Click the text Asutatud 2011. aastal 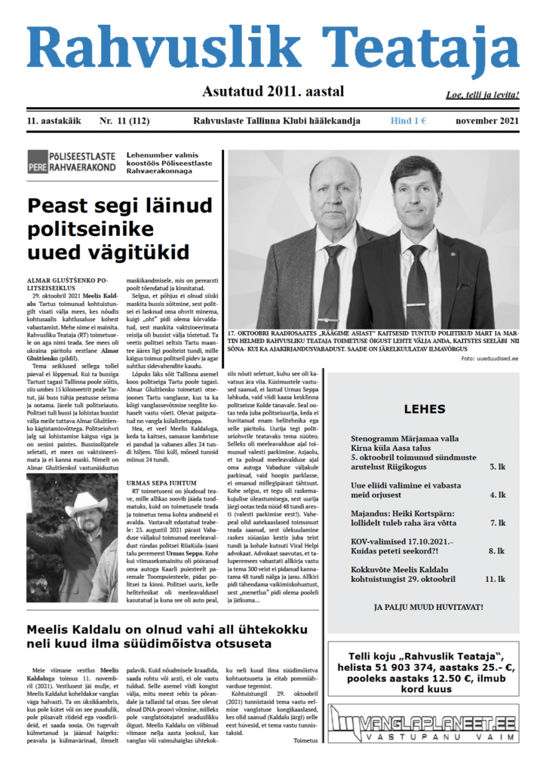tap(273, 92)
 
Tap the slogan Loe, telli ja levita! tap(483, 96)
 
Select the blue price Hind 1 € tap(409, 121)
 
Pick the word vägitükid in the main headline tap(130, 253)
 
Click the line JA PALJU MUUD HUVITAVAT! tap(428, 606)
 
